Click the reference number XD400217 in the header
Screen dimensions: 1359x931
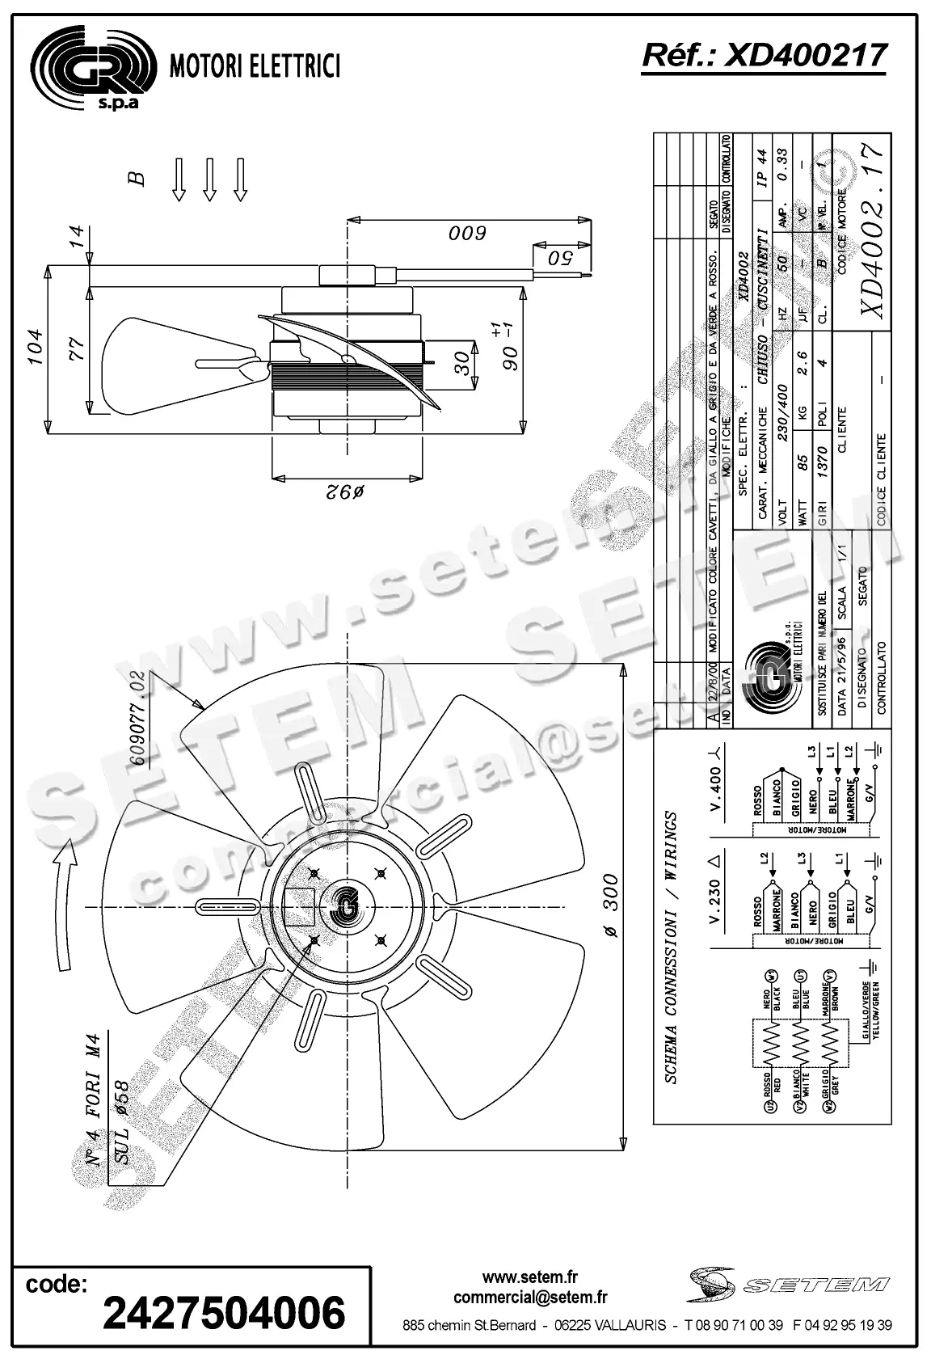pyautogui.click(x=764, y=56)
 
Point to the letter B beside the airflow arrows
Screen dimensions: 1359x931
pyautogui.click(x=138, y=178)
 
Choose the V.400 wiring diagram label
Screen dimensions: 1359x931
pyautogui.click(x=716, y=780)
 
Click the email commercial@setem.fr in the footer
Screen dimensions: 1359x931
pyautogui.click(x=530, y=1298)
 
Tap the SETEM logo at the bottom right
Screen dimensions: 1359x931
pyautogui.click(x=790, y=1284)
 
